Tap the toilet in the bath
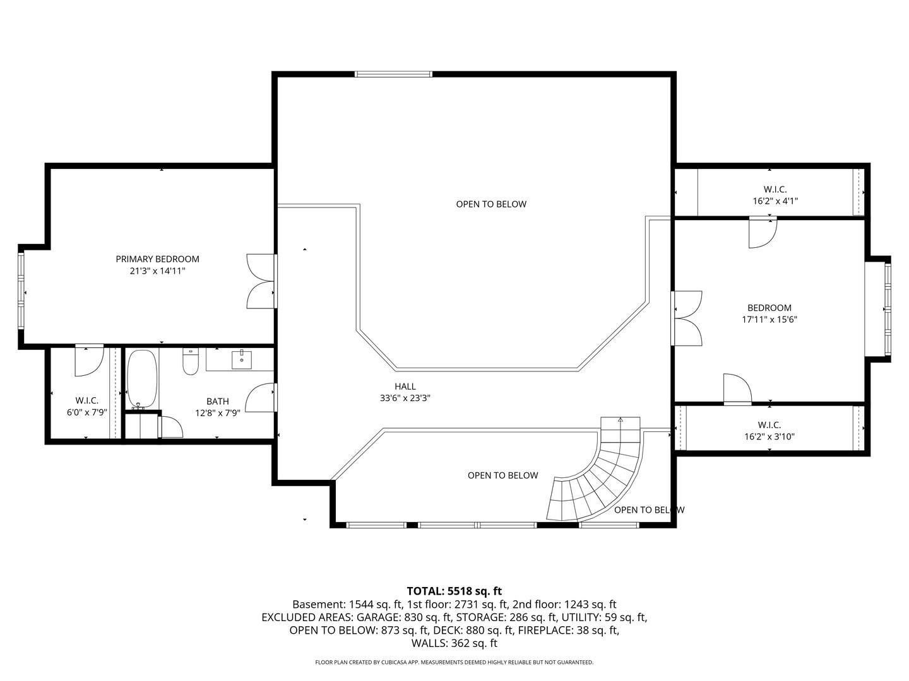(191, 361)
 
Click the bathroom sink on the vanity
(241, 359)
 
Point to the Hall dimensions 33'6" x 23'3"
(405, 398)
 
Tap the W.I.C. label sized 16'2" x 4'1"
(775, 195)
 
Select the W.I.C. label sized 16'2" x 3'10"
(769, 431)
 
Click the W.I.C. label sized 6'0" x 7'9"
(87, 407)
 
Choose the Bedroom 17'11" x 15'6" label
(769, 313)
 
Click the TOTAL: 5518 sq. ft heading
(454, 591)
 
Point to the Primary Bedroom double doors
(261, 281)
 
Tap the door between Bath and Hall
(261, 397)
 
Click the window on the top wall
(393, 74)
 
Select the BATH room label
(218, 401)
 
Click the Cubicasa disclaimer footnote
(454, 662)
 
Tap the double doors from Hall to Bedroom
(687, 318)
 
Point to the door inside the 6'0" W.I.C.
(88, 360)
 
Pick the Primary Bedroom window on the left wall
(21, 291)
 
